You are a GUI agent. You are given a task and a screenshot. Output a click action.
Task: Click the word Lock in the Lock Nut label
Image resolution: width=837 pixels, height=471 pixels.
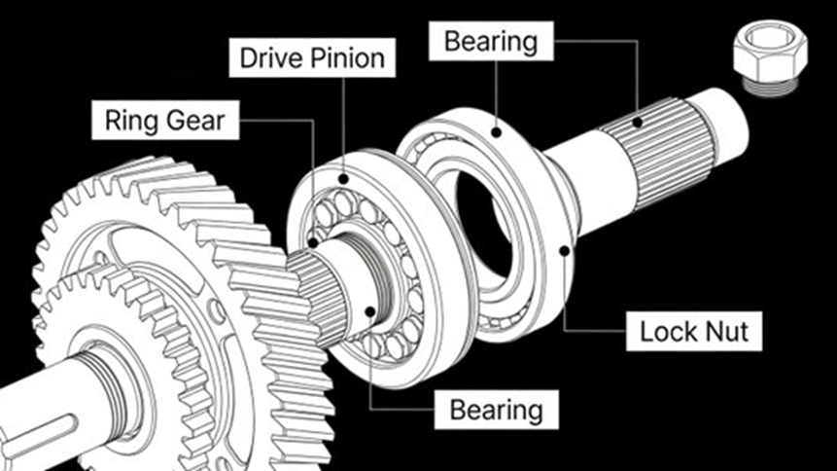(x=665, y=332)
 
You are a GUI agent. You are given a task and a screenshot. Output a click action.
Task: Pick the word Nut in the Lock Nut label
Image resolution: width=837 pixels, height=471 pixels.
(x=726, y=332)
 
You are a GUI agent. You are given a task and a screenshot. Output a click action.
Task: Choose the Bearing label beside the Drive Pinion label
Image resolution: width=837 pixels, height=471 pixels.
(x=490, y=42)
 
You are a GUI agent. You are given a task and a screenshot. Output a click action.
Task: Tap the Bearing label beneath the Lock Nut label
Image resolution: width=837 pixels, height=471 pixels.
(x=496, y=409)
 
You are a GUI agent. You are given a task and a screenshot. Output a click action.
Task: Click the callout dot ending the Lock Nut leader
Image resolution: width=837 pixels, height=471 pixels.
(x=565, y=250)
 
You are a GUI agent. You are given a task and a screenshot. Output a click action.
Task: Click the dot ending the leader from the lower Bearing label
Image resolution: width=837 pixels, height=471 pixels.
(x=370, y=311)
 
